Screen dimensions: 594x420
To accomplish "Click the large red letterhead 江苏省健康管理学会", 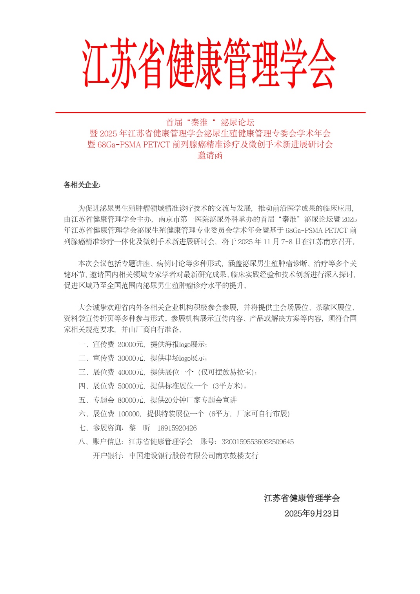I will tap(210, 64).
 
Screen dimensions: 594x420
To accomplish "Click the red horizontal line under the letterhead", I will tap(210, 113).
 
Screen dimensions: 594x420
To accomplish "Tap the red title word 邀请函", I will tap(210, 155).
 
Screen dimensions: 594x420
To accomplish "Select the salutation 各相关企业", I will tap(82, 185).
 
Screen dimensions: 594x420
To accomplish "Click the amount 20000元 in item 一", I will tap(131, 344).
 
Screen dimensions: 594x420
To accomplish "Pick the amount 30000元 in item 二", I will tap(131, 358).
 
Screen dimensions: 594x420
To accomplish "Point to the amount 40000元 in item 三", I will tap(131, 372).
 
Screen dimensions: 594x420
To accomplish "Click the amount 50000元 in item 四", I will tap(131, 386).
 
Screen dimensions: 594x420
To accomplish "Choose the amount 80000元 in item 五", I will tap(131, 400).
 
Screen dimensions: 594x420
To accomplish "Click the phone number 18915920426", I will tap(177, 428).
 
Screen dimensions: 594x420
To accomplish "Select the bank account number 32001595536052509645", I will tap(257, 442).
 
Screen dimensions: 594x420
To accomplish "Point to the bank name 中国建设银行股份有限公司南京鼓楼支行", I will tap(194, 456).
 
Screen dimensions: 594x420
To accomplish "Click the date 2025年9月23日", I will tap(312, 513).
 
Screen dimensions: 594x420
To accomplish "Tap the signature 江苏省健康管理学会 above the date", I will tap(302, 498).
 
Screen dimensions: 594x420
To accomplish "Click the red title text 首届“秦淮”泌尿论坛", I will tap(210, 122).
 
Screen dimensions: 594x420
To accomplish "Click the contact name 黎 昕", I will tap(139, 428).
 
